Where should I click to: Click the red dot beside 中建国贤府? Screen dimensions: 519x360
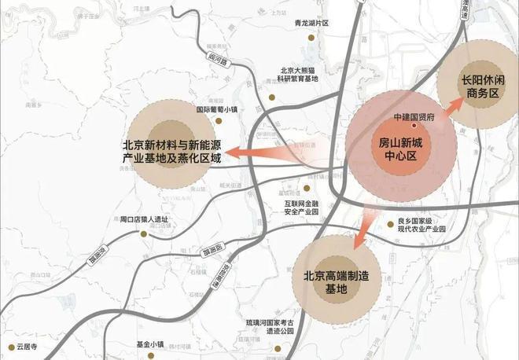[x=415, y=124]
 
